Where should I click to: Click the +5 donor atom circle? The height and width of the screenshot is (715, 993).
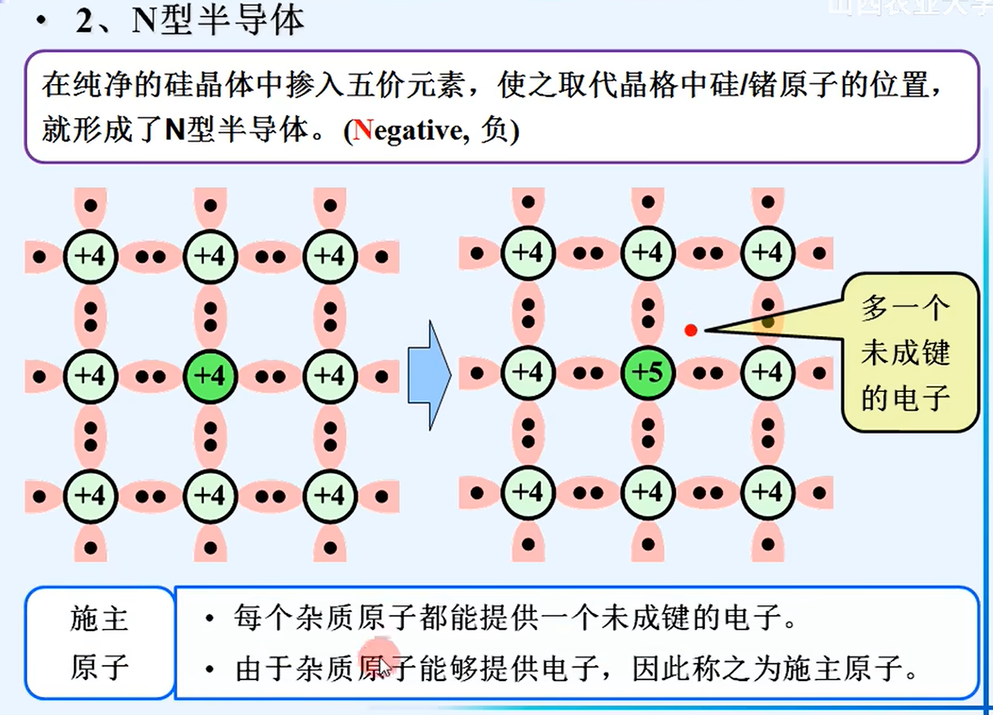(x=648, y=373)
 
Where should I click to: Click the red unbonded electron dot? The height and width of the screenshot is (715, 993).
(x=690, y=330)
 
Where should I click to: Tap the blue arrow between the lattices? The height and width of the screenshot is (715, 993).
(x=429, y=375)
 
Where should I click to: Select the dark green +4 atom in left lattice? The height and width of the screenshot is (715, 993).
(x=210, y=375)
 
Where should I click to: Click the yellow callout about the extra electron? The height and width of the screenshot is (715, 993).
(x=908, y=353)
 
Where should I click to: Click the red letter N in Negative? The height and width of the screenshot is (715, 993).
(x=363, y=131)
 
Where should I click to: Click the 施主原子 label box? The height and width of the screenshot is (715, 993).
(x=99, y=643)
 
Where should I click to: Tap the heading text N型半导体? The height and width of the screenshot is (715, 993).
(x=218, y=20)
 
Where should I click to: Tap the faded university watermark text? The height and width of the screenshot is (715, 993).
(x=908, y=8)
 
